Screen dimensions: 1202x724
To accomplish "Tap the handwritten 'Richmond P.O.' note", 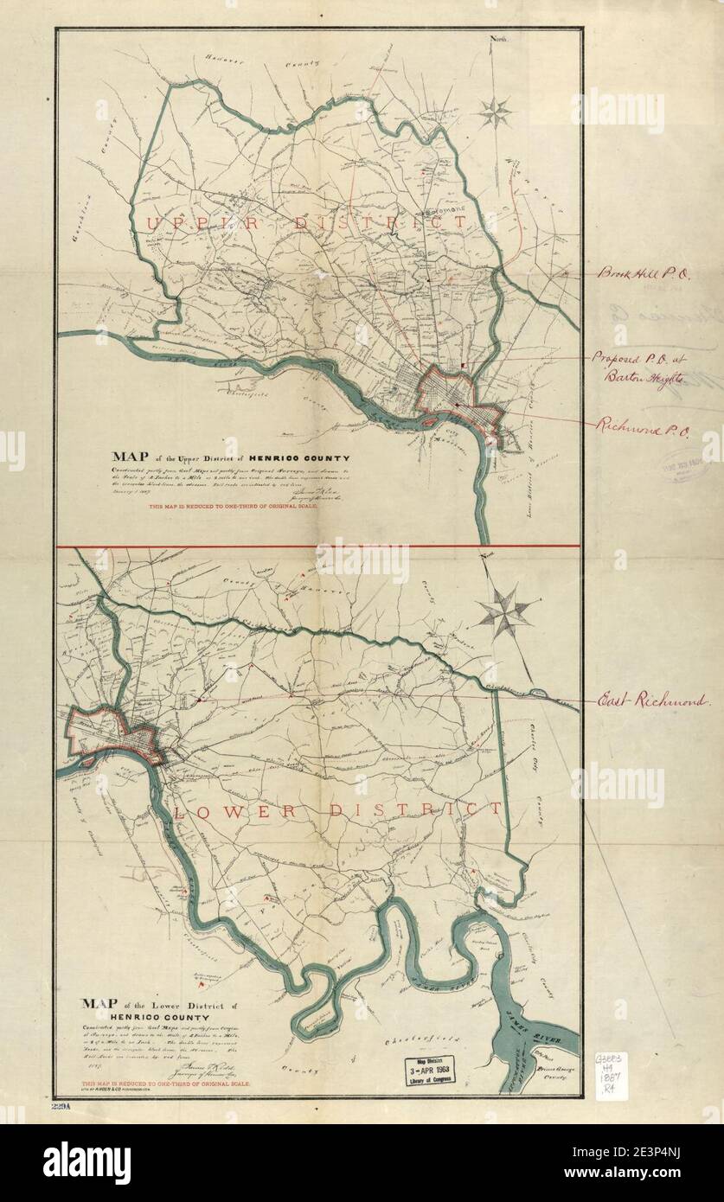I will point(639,425).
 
